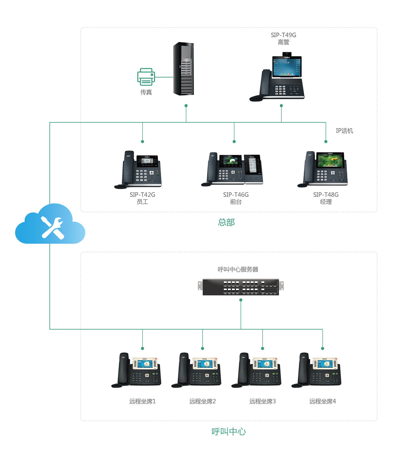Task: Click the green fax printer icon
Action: click(x=146, y=77)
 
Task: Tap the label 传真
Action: click(x=146, y=92)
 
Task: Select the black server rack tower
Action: click(x=184, y=69)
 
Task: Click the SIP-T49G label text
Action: click(x=283, y=35)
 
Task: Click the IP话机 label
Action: click(x=344, y=131)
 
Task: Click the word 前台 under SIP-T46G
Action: click(x=236, y=202)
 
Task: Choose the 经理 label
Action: click(x=326, y=202)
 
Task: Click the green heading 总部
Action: click(x=226, y=222)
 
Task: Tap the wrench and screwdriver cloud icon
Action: click(x=51, y=226)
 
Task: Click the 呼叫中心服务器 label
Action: click(x=238, y=269)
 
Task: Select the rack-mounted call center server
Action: click(x=241, y=287)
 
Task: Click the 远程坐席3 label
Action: click(x=262, y=401)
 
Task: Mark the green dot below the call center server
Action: click(x=241, y=300)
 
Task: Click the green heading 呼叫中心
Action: click(x=229, y=432)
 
